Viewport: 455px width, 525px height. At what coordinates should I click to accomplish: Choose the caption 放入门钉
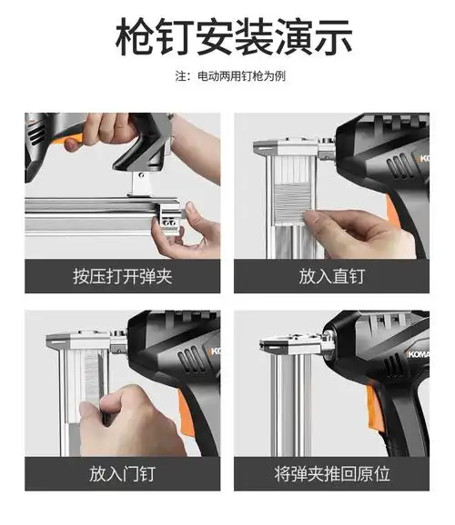122,474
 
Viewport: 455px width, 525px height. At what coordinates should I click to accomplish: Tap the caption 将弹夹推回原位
332,474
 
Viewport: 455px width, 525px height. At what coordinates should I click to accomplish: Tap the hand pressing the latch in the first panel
196,232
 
